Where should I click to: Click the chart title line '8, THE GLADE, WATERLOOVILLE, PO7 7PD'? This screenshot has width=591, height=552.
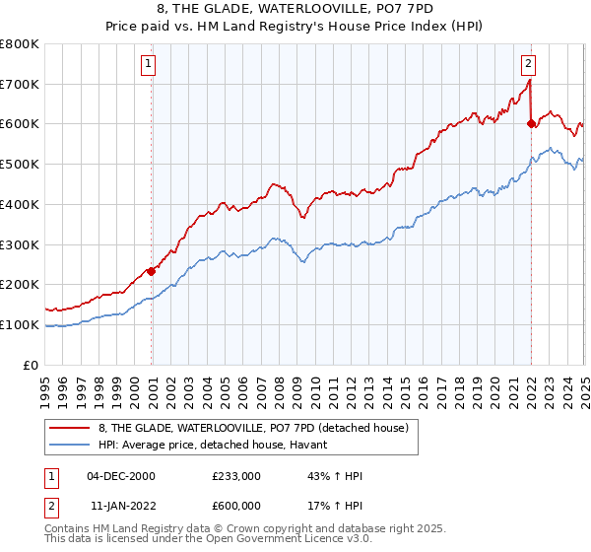[x=296, y=9]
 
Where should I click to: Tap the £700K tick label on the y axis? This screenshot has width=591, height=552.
[x=20, y=85]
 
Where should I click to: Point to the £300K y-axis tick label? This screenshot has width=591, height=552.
[x=20, y=244]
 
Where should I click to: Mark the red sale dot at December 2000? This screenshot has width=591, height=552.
[x=152, y=271]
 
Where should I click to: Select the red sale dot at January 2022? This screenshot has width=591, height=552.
[x=532, y=124]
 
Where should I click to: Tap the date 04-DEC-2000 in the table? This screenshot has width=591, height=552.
[x=121, y=476]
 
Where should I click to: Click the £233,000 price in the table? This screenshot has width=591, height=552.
[x=236, y=476]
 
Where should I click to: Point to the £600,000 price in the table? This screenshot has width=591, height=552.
[x=236, y=506]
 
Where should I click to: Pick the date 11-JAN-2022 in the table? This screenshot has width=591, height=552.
[x=121, y=506]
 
